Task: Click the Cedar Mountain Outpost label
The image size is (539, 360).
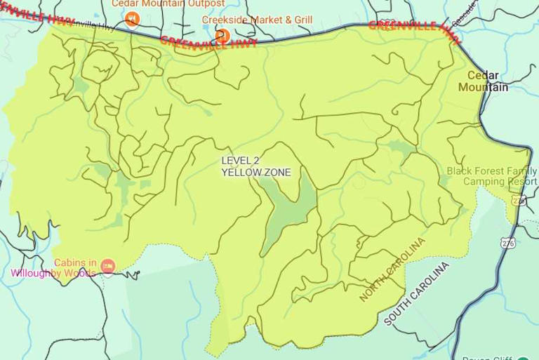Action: click(168, 4)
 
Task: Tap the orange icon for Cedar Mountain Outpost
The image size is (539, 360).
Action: click(132, 19)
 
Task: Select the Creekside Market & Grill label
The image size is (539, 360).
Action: click(257, 20)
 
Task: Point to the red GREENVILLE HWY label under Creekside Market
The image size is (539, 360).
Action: click(208, 41)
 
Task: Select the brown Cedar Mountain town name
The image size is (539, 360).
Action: click(483, 81)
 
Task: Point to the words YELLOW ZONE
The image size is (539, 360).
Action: click(256, 172)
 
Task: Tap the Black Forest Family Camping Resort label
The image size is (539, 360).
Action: click(491, 176)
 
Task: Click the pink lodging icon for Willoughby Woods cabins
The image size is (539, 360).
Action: click(107, 265)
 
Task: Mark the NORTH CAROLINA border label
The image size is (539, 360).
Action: click(392, 269)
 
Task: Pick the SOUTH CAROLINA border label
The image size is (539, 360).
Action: click(416, 294)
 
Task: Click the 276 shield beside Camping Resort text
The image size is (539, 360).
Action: click(519, 200)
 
